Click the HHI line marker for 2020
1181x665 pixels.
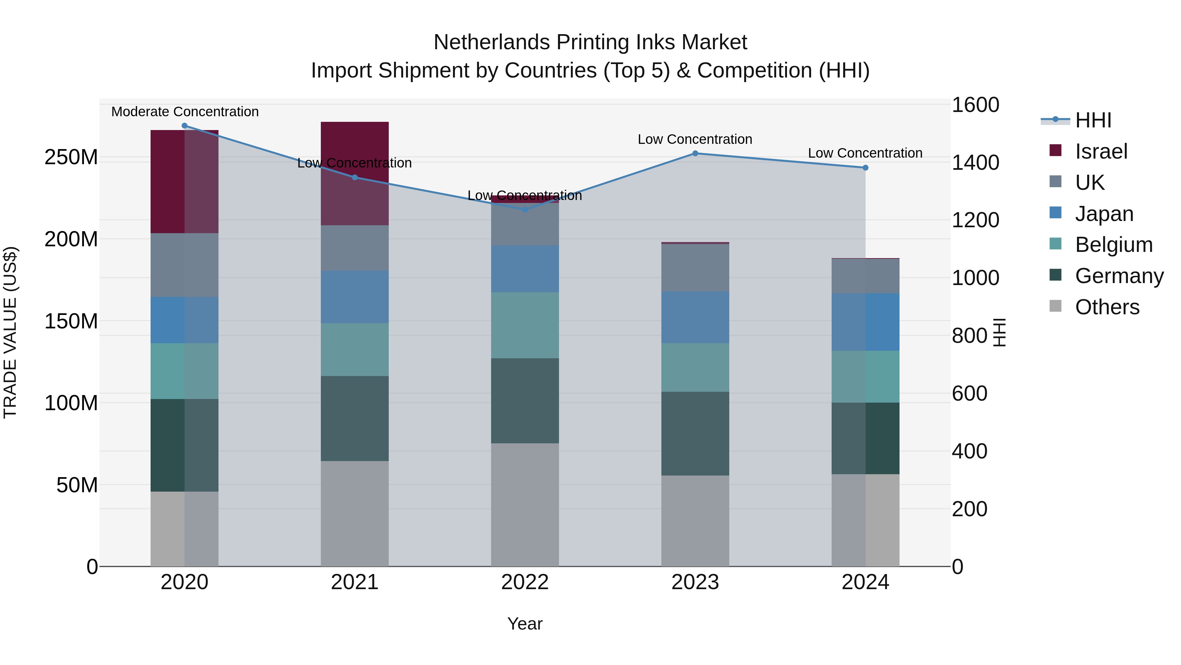(184, 126)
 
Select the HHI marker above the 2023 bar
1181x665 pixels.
(695, 153)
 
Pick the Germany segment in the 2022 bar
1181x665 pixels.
(525, 401)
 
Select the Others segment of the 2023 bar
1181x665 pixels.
(695, 521)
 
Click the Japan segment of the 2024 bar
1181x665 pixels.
(865, 322)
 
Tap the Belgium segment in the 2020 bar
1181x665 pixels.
(184, 371)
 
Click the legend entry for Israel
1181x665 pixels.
(1100, 151)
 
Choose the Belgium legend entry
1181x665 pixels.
(1113, 245)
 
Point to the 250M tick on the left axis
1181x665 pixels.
(71, 157)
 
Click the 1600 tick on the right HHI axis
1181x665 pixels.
(975, 105)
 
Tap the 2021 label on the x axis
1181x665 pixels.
(354, 582)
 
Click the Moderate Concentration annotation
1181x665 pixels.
(185, 112)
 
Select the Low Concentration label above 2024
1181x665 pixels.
(865, 153)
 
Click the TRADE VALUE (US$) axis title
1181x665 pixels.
(10, 332)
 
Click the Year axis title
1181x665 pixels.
(525, 624)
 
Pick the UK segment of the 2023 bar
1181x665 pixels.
(695, 268)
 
